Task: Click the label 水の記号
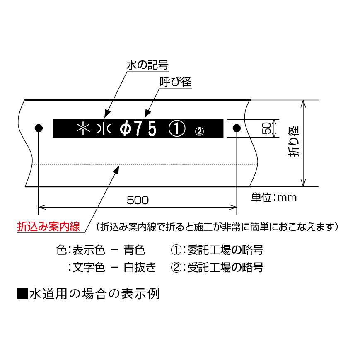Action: pyautogui.click(x=147, y=65)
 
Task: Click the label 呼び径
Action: pyautogui.click(x=176, y=82)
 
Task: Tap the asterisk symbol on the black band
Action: pyautogui.click(x=83, y=128)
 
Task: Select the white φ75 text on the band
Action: pyautogui.click(x=138, y=128)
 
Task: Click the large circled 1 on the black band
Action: pyautogui.click(x=177, y=128)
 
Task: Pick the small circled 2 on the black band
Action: pyautogui.click(x=199, y=132)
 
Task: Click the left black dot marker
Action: pyautogui.click(x=39, y=128)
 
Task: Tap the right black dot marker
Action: pyautogui.click(x=237, y=128)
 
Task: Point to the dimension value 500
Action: pyautogui.click(x=138, y=200)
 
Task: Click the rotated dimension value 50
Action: pyautogui.click(x=266, y=128)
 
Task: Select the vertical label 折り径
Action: pyautogui.click(x=294, y=141)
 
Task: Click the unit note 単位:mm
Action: pyautogui.click(x=274, y=198)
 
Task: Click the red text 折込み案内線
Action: pyautogui.click(x=48, y=226)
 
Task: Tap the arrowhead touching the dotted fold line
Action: pyautogui.click(x=116, y=170)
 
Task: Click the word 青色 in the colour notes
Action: pyautogui.click(x=134, y=250)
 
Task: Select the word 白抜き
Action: pyautogui.click(x=140, y=268)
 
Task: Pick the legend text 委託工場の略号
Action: pyautogui.click(x=225, y=250)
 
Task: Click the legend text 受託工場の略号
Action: pyautogui.click(x=225, y=268)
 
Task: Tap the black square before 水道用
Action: pyautogui.click(x=22, y=294)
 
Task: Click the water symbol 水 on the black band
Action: pyautogui.click(x=104, y=128)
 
